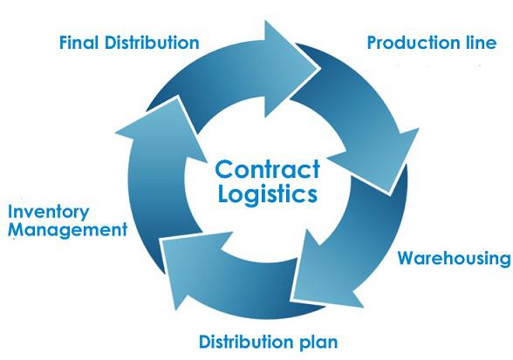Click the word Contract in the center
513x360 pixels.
(x=267, y=169)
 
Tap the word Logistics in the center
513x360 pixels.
(x=267, y=194)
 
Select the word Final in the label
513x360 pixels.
(x=79, y=43)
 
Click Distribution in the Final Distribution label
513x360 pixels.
(x=152, y=43)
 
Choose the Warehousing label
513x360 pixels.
(x=454, y=259)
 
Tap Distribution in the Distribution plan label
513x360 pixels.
(x=246, y=342)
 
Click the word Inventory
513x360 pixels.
(x=49, y=212)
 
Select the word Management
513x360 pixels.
(x=67, y=230)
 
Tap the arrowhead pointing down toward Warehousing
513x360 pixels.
(x=380, y=160)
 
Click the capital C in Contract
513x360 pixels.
(x=224, y=169)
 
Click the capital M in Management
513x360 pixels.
(x=17, y=229)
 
